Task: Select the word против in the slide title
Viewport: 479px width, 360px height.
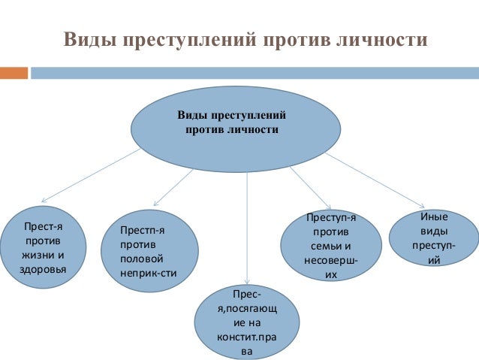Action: tap(290, 39)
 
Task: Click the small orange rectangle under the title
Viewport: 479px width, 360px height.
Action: tap(14, 73)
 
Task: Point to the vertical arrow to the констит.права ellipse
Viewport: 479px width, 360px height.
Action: tap(247, 225)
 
